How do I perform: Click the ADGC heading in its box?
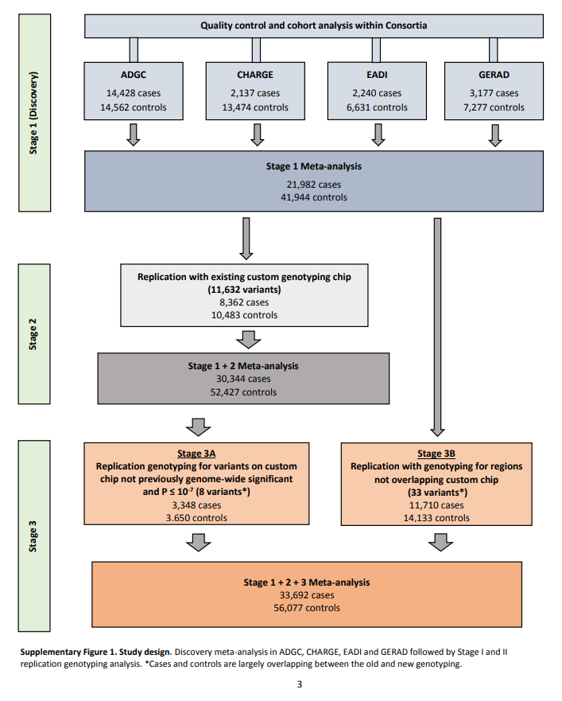point(133,75)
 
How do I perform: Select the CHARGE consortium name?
point(255,75)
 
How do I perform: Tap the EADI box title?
point(377,75)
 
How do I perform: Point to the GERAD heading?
point(494,75)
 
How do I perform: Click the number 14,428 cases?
point(133,93)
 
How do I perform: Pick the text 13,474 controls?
point(255,107)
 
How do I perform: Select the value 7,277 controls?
point(494,107)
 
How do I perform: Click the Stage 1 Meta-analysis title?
point(314,166)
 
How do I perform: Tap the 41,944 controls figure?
point(314,197)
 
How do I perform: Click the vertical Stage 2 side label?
point(33,334)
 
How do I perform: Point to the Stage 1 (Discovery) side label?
point(33,113)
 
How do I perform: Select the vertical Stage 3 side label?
point(33,536)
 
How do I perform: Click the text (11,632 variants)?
point(244,290)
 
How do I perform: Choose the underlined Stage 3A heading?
point(196,454)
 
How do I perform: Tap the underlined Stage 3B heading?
point(436,454)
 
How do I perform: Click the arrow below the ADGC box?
point(133,135)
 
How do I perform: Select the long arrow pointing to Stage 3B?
point(437,327)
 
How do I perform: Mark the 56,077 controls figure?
point(307,608)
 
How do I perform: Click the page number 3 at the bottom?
point(300,684)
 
